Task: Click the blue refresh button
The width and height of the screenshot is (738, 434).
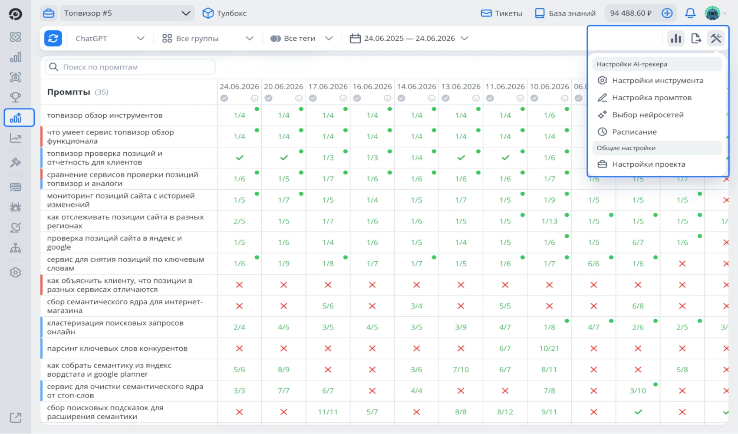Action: click(x=53, y=38)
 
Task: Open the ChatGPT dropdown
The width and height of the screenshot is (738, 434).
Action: click(x=110, y=38)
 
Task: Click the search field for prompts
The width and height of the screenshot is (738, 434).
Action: click(x=130, y=67)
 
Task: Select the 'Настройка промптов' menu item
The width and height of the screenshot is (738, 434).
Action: click(x=651, y=98)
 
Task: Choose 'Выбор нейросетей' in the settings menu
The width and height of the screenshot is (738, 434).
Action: click(x=647, y=115)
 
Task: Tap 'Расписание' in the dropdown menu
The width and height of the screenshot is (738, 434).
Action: click(x=634, y=132)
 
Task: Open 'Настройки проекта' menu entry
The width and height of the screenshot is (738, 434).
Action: click(x=648, y=164)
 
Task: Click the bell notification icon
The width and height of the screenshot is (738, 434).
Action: click(x=690, y=13)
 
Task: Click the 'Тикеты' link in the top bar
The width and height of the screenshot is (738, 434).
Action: click(x=501, y=13)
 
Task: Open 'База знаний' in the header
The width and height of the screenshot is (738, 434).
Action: click(x=565, y=13)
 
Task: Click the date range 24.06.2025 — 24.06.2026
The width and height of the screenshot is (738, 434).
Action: click(x=409, y=38)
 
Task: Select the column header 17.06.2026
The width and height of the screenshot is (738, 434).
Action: click(x=328, y=86)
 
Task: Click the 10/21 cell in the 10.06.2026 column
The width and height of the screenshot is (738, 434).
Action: click(x=549, y=349)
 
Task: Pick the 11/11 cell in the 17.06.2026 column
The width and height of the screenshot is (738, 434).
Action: click(x=328, y=412)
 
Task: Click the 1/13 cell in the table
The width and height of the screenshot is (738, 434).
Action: click(x=549, y=221)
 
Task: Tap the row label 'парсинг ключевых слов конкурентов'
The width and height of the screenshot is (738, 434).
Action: click(x=117, y=349)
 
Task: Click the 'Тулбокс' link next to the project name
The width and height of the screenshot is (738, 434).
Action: click(x=225, y=13)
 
